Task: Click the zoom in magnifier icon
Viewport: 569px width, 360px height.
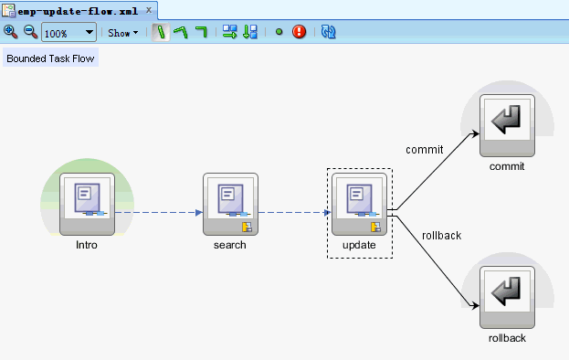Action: pyautogui.click(x=11, y=32)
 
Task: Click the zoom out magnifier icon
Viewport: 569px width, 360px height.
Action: pyautogui.click(x=29, y=32)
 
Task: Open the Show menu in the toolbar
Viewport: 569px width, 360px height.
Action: pyautogui.click(x=123, y=33)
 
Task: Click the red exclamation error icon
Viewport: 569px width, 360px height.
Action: pyautogui.click(x=299, y=32)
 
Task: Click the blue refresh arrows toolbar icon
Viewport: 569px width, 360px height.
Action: pyautogui.click(x=329, y=32)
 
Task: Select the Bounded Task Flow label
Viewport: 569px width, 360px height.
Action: pyautogui.click(x=50, y=58)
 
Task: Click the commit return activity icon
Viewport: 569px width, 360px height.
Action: pyautogui.click(x=507, y=123)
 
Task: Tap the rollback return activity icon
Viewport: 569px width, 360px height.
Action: pyautogui.click(x=507, y=295)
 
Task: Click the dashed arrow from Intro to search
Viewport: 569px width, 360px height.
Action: pyautogui.click(x=155, y=212)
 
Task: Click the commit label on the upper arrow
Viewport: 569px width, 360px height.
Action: pyautogui.click(x=424, y=149)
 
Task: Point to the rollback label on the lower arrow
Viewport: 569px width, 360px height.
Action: pyautogui.click(x=441, y=235)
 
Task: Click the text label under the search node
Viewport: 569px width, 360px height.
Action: pyautogui.click(x=230, y=245)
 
